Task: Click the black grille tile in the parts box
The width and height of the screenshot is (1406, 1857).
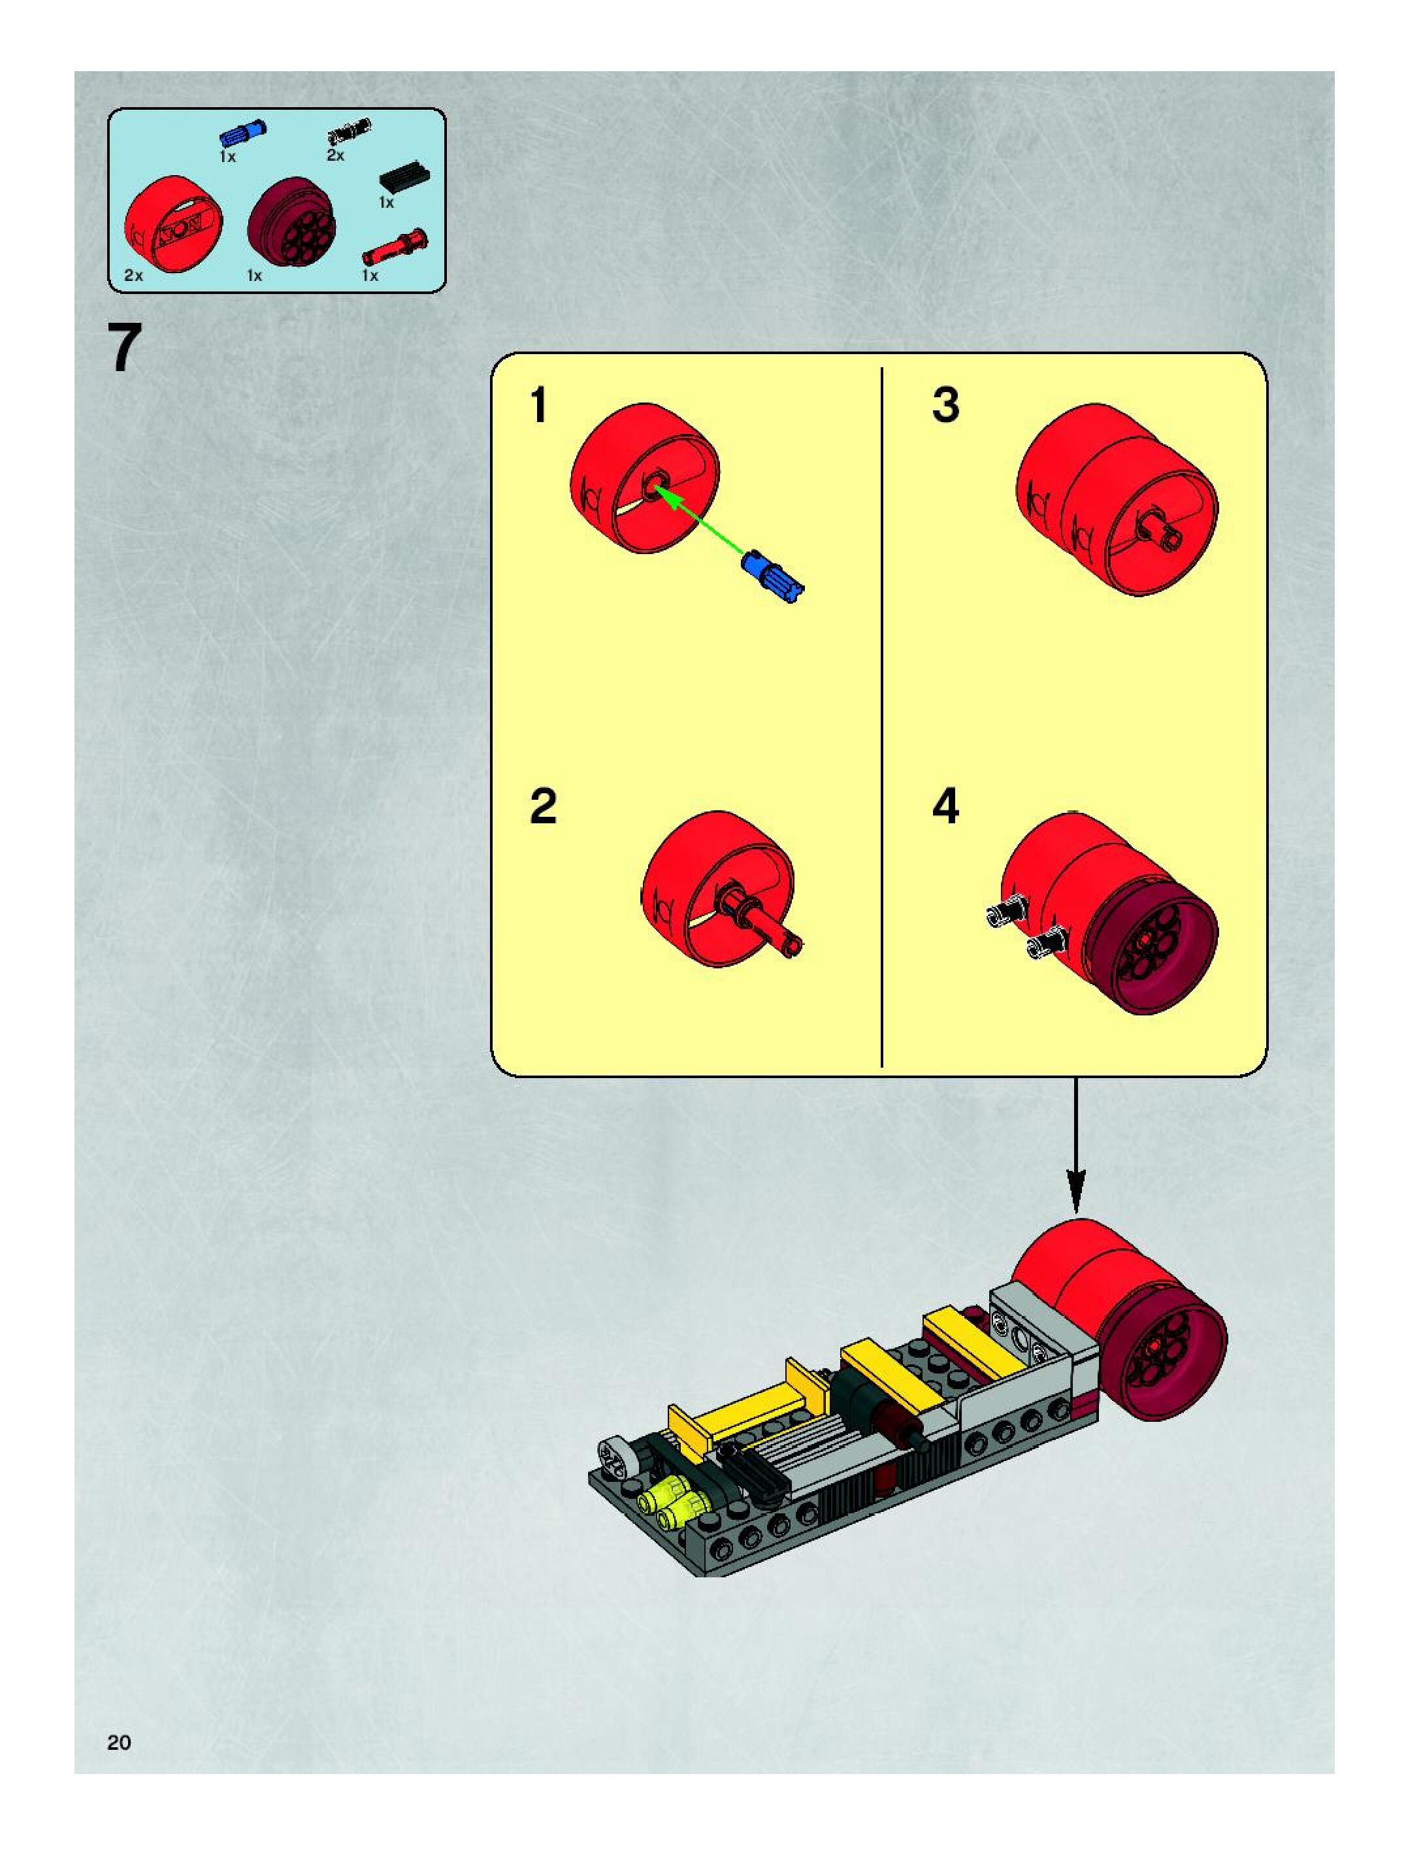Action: [404, 177]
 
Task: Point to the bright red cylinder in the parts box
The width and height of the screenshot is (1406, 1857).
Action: [174, 222]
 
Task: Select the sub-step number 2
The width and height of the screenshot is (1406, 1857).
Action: [543, 807]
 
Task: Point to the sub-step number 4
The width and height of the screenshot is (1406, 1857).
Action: [945, 807]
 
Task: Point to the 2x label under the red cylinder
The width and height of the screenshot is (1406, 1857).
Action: [133, 275]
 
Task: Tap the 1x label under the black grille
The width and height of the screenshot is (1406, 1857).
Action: [386, 203]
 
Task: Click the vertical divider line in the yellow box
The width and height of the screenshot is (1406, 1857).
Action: [881, 714]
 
